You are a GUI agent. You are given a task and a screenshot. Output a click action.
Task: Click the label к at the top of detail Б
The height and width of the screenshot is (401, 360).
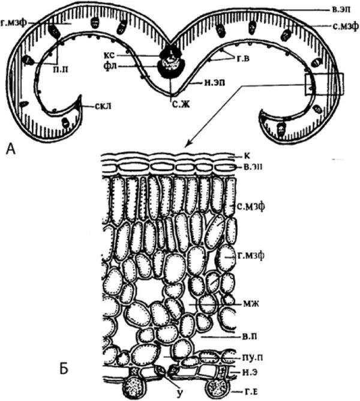(x=239, y=154)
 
